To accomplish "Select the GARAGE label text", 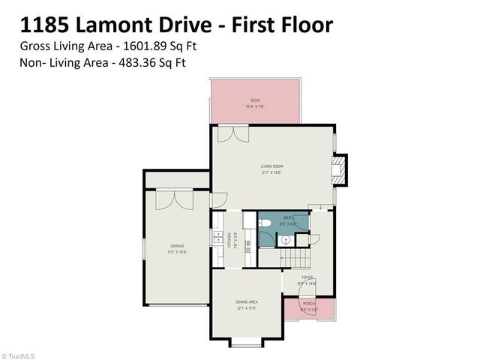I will pos(177,246).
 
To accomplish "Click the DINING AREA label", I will pos(247,302).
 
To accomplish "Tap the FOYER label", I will pos(307,277).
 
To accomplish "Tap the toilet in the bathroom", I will pos(265,223).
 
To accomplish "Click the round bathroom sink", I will pos(285,241).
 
